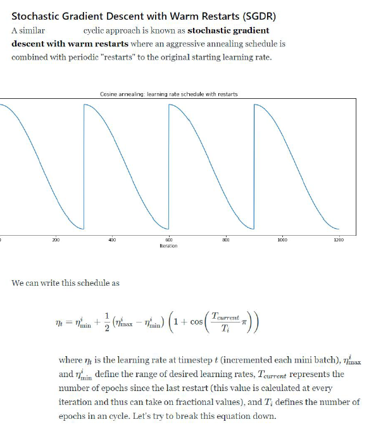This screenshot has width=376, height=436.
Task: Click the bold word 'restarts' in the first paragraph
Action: tap(112, 44)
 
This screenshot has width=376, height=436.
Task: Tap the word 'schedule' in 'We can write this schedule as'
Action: tap(94, 283)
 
